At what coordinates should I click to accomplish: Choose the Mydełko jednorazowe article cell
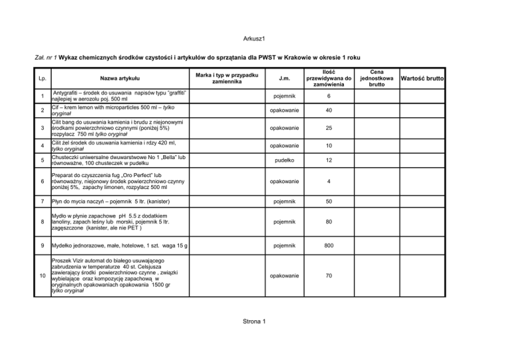[116, 246]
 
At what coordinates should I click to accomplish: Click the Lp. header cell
[42, 78]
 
